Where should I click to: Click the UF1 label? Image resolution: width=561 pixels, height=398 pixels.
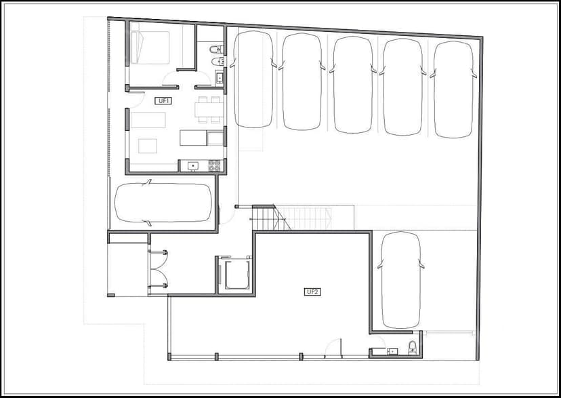pos(163,101)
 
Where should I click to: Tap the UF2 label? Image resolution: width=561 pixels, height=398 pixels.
pos(312,292)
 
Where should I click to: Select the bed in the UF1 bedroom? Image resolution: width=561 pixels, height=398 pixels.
pos(150,47)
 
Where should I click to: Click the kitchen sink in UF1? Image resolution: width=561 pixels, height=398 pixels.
pos(193,165)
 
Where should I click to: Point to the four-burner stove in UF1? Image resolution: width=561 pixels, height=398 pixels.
pos(214,165)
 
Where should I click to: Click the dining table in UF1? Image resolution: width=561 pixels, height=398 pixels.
pos(209,110)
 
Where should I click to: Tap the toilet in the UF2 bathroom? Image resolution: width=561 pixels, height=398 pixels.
pos(413,347)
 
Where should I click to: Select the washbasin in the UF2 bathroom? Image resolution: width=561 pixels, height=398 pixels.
pos(392,351)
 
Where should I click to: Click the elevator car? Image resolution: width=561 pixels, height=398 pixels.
pos(236,275)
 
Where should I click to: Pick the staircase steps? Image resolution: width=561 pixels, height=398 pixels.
pos(291,218)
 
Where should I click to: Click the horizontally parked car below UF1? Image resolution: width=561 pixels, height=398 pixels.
pos(163,203)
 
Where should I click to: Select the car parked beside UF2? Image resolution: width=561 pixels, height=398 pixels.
pos(400,280)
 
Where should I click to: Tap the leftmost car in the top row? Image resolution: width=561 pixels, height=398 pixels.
pos(253,79)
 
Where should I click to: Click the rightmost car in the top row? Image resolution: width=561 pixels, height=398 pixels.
pos(454,89)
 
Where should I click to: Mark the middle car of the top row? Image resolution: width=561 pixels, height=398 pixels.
pos(353,85)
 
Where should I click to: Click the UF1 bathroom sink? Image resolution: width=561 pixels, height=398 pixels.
pos(219,77)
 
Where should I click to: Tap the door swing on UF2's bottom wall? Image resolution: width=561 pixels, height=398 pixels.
pos(333,348)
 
